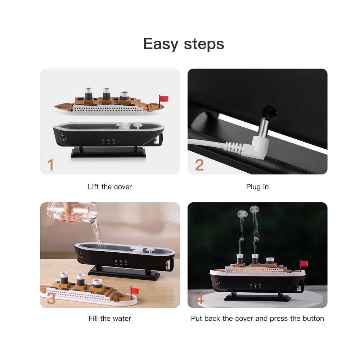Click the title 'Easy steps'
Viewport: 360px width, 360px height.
click(x=184, y=44)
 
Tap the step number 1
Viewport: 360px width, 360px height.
click(x=50, y=165)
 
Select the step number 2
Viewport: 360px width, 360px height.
click(x=199, y=165)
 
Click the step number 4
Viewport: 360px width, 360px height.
click(x=199, y=298)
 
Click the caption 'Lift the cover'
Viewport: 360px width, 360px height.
click(x=110, y=186)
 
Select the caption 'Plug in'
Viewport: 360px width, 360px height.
click(x=257, y=187)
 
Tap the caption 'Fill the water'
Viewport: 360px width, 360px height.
click(x=110, y=319)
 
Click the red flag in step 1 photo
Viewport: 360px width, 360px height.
click(x=164, y=99)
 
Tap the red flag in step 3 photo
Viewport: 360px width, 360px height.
click(x=135, y=291)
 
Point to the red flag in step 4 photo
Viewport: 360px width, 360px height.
click(x=304, y=264)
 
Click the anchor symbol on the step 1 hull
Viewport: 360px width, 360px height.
click(x=63, y=137)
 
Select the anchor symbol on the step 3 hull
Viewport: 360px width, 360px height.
click(x=81, y=255)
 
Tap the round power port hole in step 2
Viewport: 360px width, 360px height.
click(x=273, y=113)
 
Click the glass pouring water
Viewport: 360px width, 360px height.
click(x=72, y=213)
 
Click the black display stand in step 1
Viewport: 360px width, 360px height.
click(x=108, y=152)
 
